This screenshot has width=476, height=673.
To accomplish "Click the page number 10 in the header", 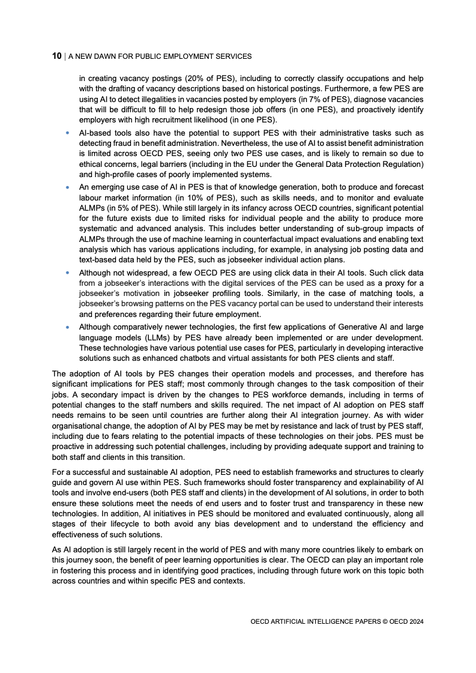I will click(57, 56).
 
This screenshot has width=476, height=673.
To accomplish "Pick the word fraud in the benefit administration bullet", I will click(121, 143).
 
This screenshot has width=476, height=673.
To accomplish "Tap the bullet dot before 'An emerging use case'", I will click(68, 187).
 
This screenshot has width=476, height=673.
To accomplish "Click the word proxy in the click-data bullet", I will click(396, 282).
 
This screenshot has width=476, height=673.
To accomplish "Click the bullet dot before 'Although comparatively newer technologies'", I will click(68, 327).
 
